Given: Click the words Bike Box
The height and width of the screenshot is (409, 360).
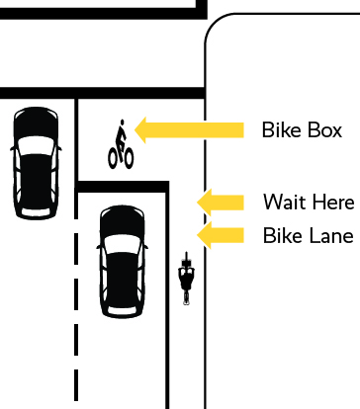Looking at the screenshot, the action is coord(302,129).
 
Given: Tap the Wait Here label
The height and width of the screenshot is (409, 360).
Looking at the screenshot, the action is coord(308,203).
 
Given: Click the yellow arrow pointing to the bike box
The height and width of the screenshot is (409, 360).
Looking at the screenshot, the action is coord(188,128).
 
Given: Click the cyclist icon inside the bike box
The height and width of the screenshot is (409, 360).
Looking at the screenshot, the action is coord(121,145).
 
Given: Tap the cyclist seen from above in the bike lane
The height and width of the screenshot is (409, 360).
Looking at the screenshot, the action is coord(186,279).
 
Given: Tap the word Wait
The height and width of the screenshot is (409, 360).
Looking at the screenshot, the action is coord(282,203).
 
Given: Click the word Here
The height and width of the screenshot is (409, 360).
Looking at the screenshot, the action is coord(330,203).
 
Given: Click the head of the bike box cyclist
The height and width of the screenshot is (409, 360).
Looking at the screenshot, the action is coord(122,126).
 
